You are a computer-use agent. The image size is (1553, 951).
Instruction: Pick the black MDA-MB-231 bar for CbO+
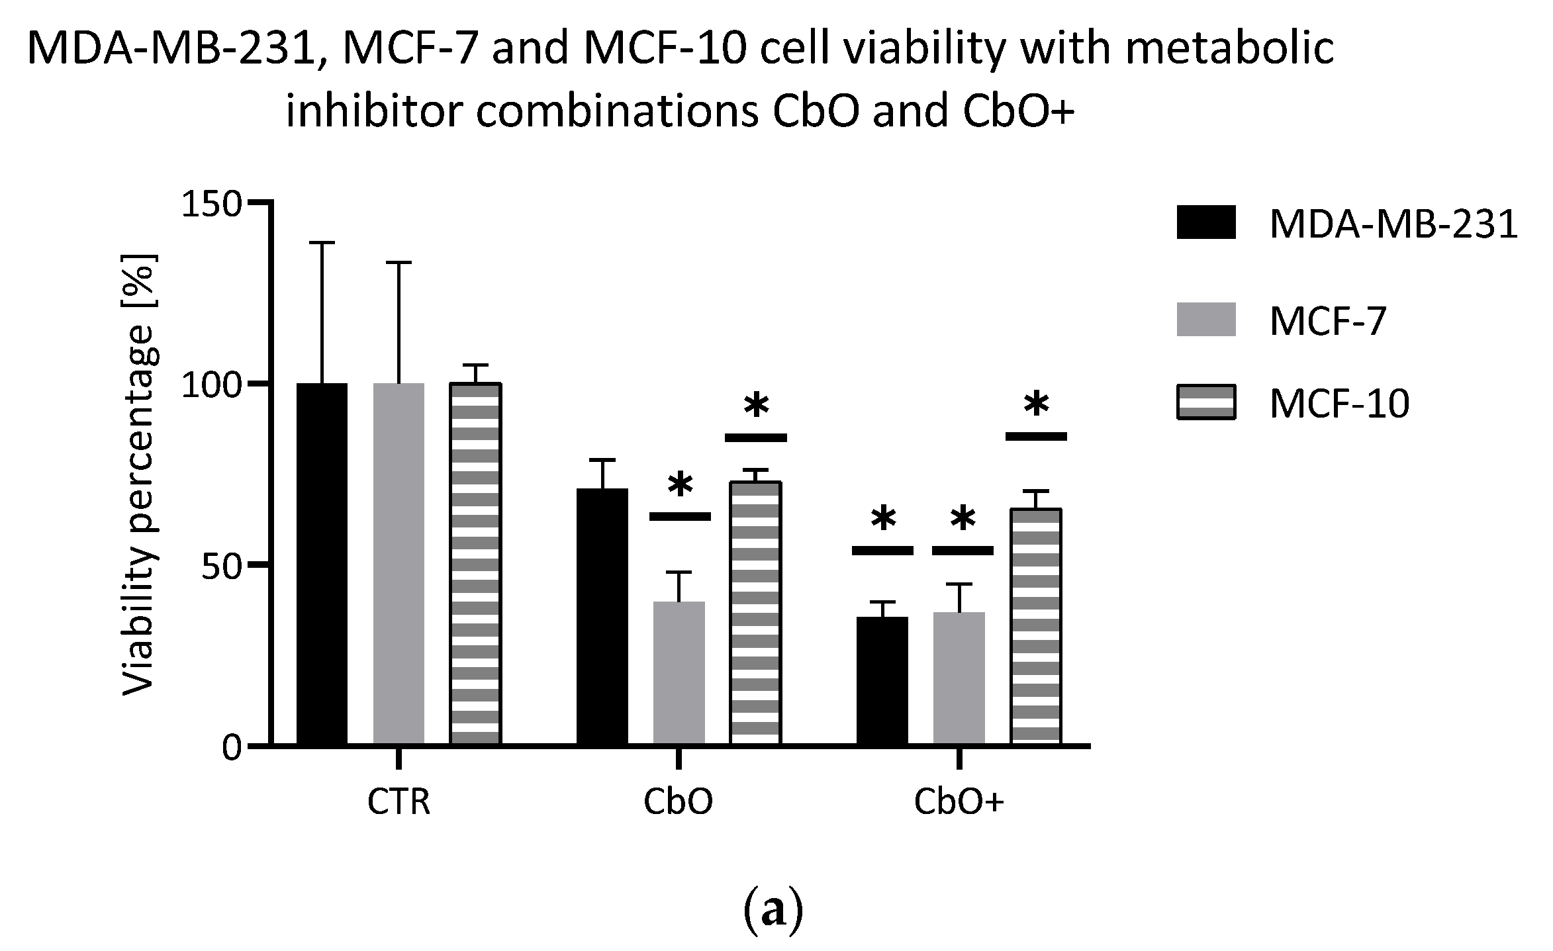coord(882,681)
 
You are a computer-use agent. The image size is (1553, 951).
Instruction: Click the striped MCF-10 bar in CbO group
coord(755,613)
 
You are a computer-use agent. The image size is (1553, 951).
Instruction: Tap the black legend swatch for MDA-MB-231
coord(1206,222)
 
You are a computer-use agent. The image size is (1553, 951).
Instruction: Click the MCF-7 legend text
coord(1327,322)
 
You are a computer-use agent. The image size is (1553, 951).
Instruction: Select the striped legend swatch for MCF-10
coord(1206,402)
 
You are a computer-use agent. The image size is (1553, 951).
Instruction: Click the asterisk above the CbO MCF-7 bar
coord(680,486)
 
